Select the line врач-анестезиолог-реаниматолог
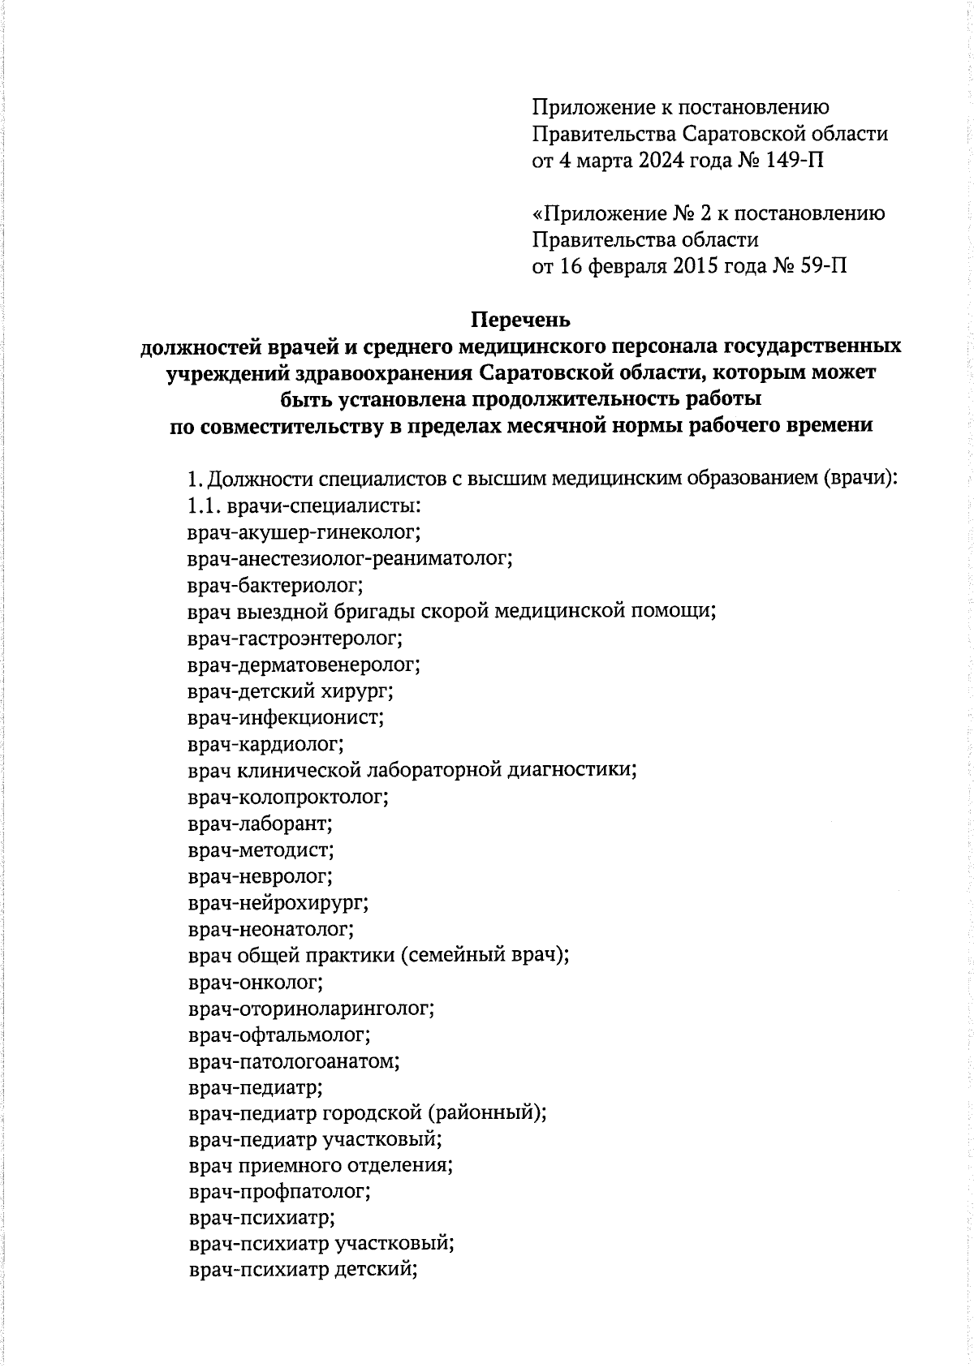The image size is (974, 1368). point(350,559)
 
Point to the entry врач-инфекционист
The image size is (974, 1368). point(286,717)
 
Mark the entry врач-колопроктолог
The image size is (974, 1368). point(288,797)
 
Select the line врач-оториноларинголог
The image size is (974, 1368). point(311,1009)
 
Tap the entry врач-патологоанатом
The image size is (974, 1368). point(295,1061)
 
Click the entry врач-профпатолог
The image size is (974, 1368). point(279,1192)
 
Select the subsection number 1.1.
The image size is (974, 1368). point(203,506)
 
